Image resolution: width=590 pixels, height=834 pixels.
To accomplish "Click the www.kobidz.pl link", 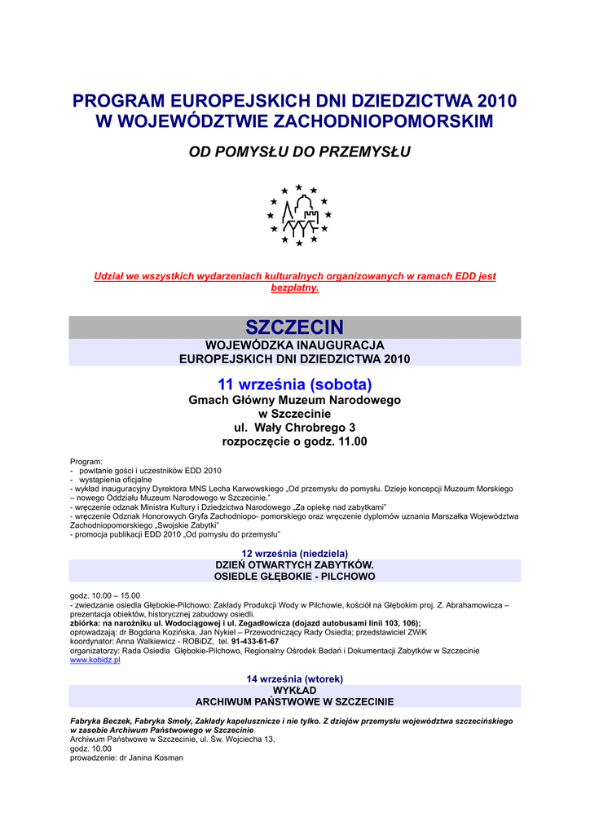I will click(95, 661).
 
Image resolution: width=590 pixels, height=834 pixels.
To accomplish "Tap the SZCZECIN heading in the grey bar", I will click(294, 327).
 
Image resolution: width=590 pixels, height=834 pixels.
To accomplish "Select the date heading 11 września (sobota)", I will click(294, 384).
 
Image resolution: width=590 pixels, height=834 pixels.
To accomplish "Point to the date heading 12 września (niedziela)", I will click(294, 553).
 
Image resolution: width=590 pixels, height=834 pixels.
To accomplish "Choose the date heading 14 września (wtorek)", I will click(294, 678).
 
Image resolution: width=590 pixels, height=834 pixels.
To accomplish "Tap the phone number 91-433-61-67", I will click(254, 641).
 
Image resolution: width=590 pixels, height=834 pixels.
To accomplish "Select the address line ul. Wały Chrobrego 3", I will click(294, 428).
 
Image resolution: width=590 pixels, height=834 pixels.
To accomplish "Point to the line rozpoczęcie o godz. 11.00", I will click(294, 441).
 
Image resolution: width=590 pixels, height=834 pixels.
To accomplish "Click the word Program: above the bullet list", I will click(86, 461).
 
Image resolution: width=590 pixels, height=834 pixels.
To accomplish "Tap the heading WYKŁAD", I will click(294, 690).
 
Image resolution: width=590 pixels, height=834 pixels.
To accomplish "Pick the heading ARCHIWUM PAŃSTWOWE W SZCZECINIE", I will click(294, 701).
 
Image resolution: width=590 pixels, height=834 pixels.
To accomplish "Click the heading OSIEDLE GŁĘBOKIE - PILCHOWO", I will click(294, 576).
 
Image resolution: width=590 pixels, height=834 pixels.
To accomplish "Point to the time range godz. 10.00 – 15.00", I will click(105, 595).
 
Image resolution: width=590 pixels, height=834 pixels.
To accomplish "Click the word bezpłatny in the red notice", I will click(293, 288).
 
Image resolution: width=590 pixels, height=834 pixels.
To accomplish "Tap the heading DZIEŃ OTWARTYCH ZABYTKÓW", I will click(294, 564).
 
